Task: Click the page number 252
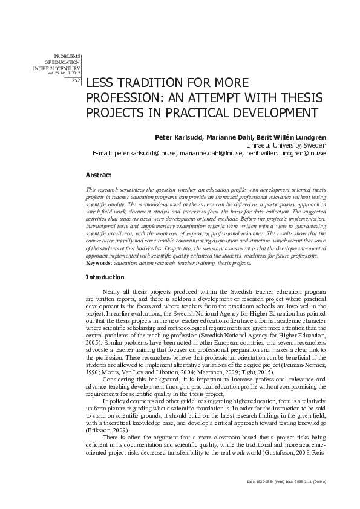pos(76,80)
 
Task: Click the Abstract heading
pos(99,175)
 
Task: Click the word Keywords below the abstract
pos(99,264)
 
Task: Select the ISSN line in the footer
pos(287,481)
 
